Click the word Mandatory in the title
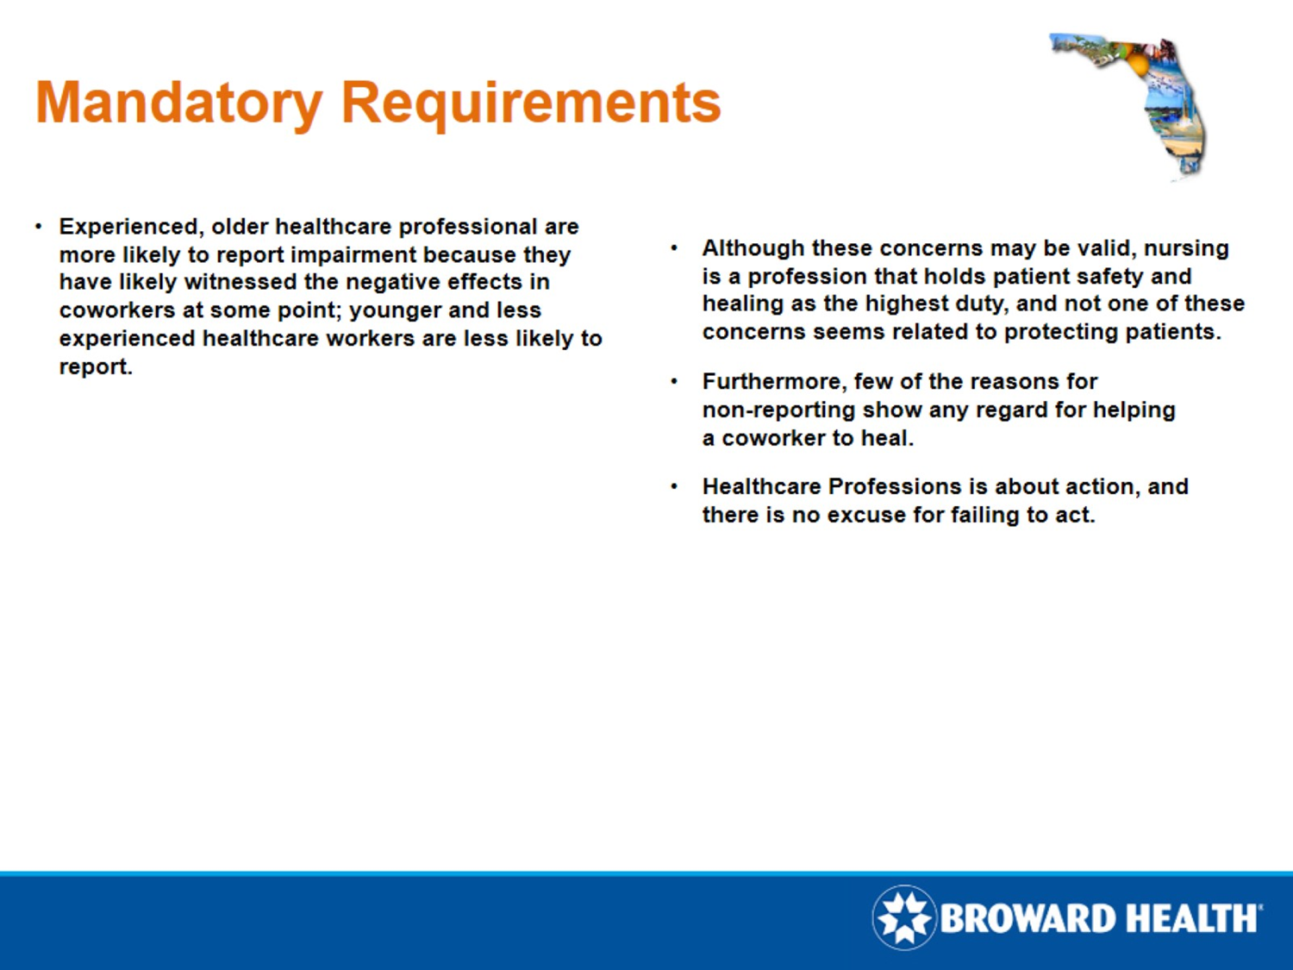click(178, 103)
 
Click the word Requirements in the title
click(531, 103)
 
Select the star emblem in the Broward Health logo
click(903, 917)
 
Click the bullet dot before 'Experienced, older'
click(39, 227)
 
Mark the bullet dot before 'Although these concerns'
click(674, 248)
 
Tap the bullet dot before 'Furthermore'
click(674, 381)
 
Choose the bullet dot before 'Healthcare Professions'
click(674, 486)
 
